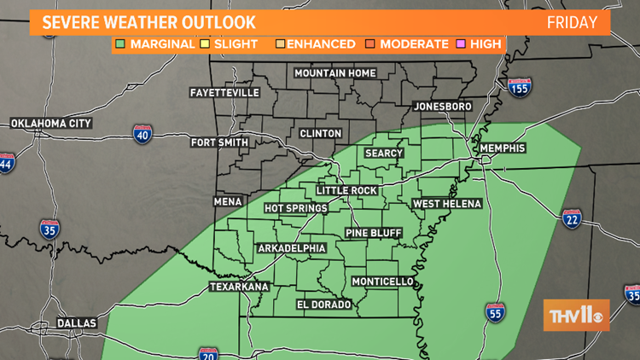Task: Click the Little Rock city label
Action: [x=345, y=189]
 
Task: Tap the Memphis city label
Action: [x=503, y=148]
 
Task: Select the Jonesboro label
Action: [x=442, y=107]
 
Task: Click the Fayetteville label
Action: [x=224, y=91]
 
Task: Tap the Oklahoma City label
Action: [x=51, y=124]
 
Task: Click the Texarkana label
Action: [x=240, y=287]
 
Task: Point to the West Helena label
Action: [x=447, y=204]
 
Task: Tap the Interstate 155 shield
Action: [x=518, y=87]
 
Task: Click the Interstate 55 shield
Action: [x=493, y=313]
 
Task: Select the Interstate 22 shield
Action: [x=572, y=220]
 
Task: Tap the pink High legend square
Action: [x=463, y=44]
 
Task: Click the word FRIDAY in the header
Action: [x=571, y=21]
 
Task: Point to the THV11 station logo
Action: [x=576, y=315]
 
